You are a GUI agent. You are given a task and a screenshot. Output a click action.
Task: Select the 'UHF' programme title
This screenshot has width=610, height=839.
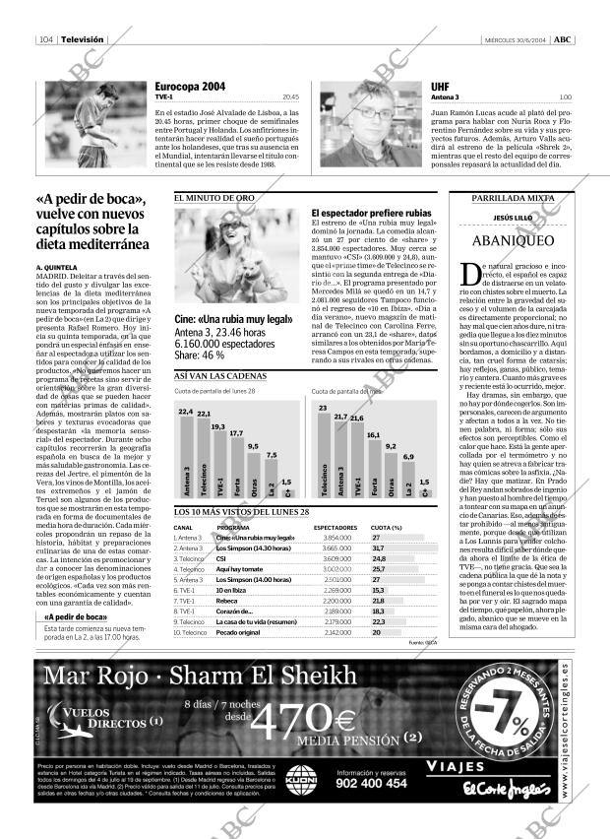click(x=440, y=88)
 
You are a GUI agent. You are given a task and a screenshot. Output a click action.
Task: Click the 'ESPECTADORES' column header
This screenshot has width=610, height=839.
click(x=335, y=527)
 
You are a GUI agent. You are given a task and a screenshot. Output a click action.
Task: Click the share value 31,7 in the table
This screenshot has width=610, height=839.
click(x=378, y=549)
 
